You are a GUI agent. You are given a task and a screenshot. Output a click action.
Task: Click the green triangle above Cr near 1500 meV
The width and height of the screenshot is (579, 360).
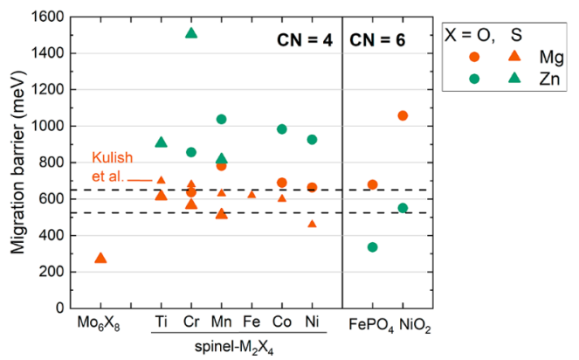point(191,33)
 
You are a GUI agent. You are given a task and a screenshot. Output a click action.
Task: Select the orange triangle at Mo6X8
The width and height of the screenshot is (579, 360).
point(100,258)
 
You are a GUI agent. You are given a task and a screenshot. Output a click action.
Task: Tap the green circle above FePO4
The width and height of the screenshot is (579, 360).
point(372,247)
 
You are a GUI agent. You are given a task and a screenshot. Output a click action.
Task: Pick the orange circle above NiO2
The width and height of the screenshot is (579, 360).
point(403,115)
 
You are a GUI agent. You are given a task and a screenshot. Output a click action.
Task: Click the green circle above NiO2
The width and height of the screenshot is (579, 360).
point(403,208)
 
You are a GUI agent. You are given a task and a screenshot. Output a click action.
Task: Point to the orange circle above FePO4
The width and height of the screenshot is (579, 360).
point(372,184)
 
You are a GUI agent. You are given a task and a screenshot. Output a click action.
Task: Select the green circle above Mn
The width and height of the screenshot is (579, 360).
point(221,119)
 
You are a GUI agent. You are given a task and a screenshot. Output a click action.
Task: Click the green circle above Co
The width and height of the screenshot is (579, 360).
point(282,129)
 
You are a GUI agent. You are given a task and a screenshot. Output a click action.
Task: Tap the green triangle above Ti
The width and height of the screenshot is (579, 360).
point(161,142)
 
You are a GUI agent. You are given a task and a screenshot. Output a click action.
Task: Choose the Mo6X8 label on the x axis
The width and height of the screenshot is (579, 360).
point(99,323)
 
